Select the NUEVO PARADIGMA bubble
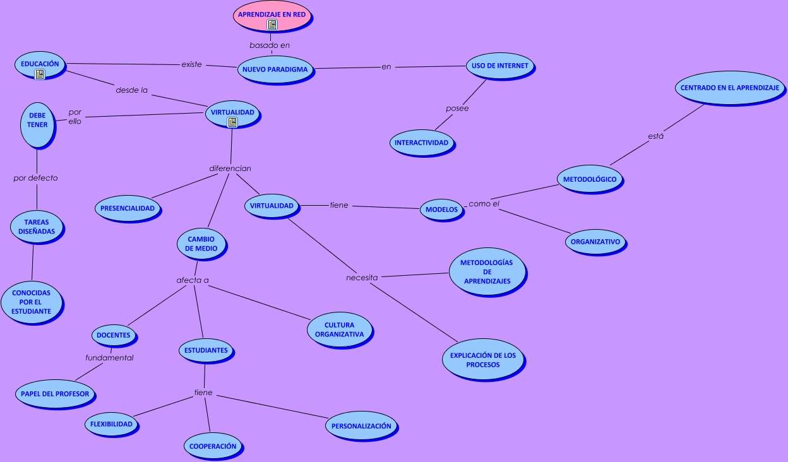tap(275, 69)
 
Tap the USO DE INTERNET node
tap(500, 66)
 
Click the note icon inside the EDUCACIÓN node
tap(40, 74)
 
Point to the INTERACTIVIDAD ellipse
tap(421, 143)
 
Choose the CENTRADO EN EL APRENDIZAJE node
tap(729, 88)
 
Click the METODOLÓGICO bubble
tap(590, 179)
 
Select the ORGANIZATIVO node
tap(595, 242)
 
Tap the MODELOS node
tap(441, 210)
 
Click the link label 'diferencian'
tap(230, 169)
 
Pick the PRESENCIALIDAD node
tap(128, 208)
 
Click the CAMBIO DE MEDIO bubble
tap(201, 244)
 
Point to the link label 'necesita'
tap(362, 278)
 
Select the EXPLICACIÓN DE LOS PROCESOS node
tap(483, 360)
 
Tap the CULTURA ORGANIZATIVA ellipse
tap(339, 330)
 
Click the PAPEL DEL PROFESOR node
tap(55, 394)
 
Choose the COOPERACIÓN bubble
tap(213, 446)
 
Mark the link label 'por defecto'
tap(35, 178)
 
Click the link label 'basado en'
tap(270, 45)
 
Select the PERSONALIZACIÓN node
tap(361, 426)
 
